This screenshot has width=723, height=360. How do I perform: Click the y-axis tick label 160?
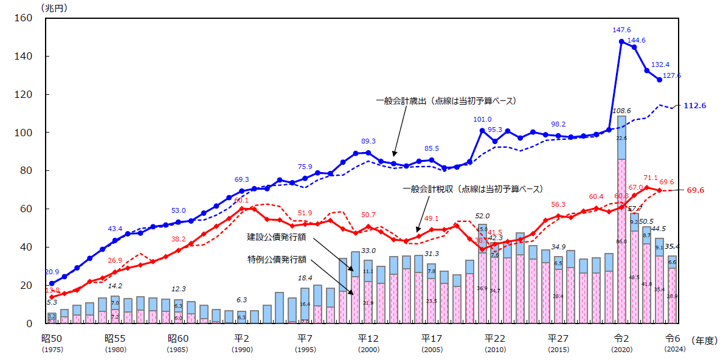22,18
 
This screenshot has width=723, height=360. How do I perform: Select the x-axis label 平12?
368,339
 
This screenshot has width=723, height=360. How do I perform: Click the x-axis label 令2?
621,339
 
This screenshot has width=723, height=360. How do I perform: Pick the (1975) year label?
52,350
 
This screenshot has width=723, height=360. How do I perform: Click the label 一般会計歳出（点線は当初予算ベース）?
446,101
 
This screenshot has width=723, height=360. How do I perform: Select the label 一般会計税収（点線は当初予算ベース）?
472,189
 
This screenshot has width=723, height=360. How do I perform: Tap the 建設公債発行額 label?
275,236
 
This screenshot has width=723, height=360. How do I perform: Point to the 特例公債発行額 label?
275,260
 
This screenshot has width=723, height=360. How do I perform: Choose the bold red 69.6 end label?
696,190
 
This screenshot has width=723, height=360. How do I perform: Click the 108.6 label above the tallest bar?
621,111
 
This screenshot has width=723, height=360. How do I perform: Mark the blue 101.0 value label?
482,120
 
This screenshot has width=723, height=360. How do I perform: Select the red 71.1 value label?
650,178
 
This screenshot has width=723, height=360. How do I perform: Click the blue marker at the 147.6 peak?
621,42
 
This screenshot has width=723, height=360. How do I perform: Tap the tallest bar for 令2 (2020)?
621,219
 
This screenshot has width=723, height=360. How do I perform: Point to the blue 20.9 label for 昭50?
52,272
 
